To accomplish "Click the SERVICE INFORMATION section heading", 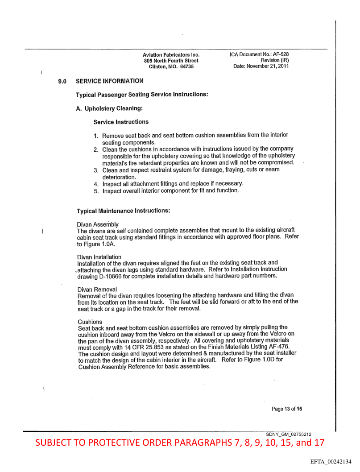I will click(110, 81).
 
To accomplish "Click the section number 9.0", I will click(62, 82).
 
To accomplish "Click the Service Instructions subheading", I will click(121, 122).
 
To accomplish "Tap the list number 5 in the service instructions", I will click(95, 191).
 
